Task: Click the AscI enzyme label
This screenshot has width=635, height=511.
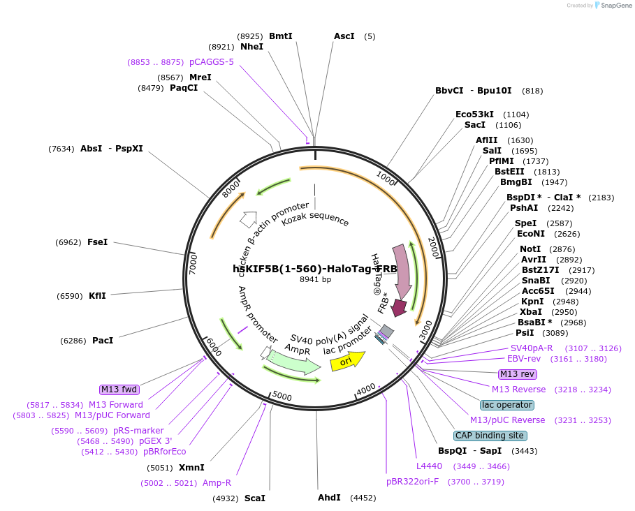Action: pyautogui.click(x=344, y=36)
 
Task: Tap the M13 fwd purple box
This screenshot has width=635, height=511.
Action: pyautogui.click(x=119, y=390)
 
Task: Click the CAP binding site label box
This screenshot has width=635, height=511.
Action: pyautogui.click(x=489, y=436)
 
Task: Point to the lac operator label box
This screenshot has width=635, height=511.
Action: pyautogui.click(x=507, y=405)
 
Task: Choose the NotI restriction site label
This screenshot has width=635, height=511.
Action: pyautogui.click(x=530, y=249)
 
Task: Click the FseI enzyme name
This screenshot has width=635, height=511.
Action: pyautogui.click(x=97, y=242)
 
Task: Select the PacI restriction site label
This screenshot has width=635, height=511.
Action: pyautogui.click(x=103, y=341)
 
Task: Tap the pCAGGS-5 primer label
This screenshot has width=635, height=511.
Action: pyautogui.click(x=212, y=62)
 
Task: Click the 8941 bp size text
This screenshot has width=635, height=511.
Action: pyautogui.click(x=315, y=279)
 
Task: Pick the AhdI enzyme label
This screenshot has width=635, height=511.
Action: pyautogui.click(x=329, y=498)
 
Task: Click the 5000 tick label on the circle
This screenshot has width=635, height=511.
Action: pyautogui.click(x=282, y=397)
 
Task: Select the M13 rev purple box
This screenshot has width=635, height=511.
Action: pyautogui.click(x=518, y=374)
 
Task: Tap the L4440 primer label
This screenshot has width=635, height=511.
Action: pyautogui.click(x=429, y=466)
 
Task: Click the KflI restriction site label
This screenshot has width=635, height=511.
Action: pyautogui.click(x=97, y=296)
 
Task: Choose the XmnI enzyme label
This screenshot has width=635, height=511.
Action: pyautogui.click(x=191, y=468)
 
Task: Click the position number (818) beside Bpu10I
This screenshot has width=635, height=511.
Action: pyautogui.click(x=532, y=91)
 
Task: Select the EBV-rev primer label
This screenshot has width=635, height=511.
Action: pyautogui.click(x=524, y=359)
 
